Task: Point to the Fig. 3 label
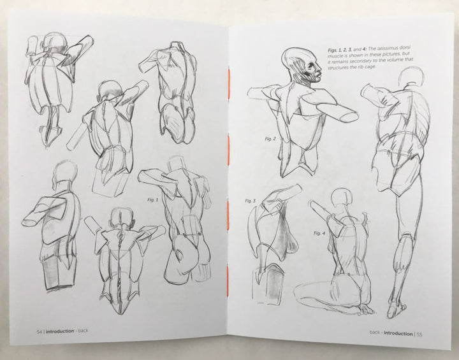(x=249, y=201)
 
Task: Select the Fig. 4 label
(x=320, y=233)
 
